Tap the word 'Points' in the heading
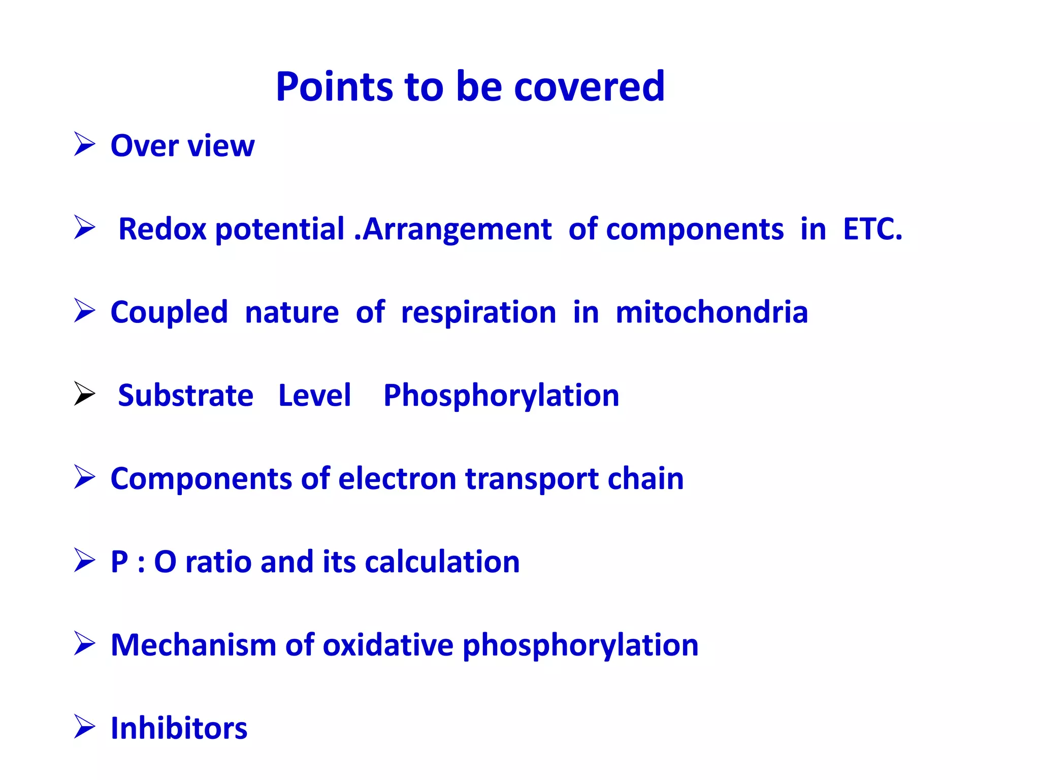[x=334, y=87]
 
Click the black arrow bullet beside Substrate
[x=84, y=394]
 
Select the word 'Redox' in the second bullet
[x=162, y=229]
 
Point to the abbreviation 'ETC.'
[x=872, y=229]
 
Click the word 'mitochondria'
[x=711, y=312]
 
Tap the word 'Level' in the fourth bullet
[x=314, y=395]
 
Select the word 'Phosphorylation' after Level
[x=501, y=396]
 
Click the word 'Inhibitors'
[x=179, y=728]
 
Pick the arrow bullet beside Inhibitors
[x=84, y=726]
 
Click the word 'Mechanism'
[x=193, y=645]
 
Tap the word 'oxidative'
[x=388, y=645]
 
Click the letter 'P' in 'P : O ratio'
[x=119, y=562]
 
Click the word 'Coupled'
[x=169, y=312]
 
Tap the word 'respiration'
[x=478, y=312]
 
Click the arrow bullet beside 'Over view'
[x=84, y=144]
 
